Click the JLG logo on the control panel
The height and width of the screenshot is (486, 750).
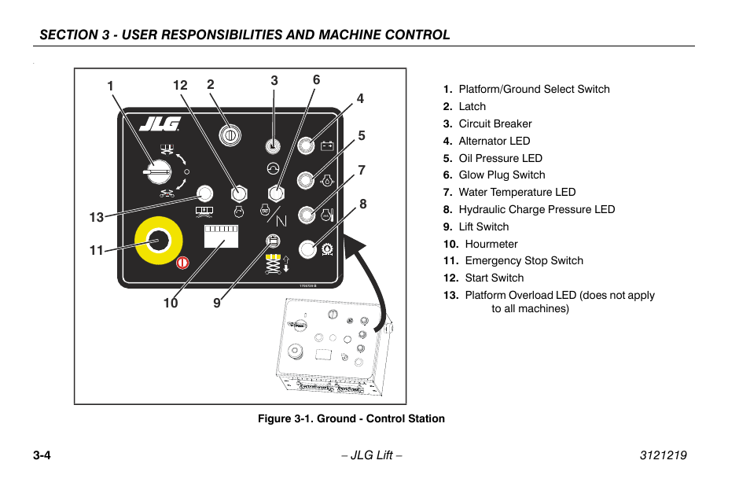click(160, 124)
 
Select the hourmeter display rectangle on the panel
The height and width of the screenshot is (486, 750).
click(221, 237)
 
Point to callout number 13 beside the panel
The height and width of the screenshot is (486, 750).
click(96, 218)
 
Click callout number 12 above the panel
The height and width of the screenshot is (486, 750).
click(181, 86)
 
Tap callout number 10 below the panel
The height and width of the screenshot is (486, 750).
click(171, 304)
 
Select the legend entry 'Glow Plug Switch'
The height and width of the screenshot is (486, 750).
click(502, 175)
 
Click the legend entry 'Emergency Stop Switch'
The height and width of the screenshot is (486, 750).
click(524, 261)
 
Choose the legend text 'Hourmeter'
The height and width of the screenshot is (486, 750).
click(491, 244)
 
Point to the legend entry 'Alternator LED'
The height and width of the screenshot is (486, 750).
click(494, 141)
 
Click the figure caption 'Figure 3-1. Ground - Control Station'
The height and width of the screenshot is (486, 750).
click(351, 419)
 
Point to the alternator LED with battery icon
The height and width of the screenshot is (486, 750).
click(306, 145)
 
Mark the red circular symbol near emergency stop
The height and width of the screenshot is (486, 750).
click(182, 263)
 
